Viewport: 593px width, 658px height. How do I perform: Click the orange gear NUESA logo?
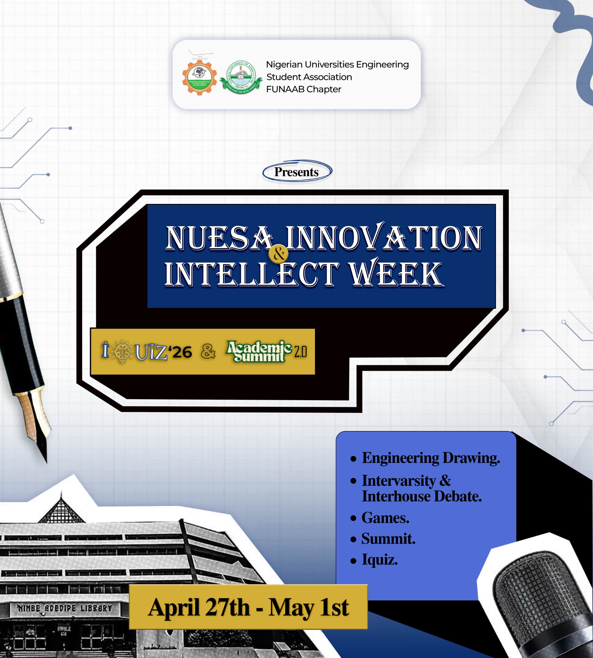pos(199,77)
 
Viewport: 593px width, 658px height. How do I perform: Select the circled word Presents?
pos(296,172)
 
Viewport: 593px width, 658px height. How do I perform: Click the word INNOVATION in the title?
pos(384,239)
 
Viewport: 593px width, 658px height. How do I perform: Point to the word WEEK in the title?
pos(396,274)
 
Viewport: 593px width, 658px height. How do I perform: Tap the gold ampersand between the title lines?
pos(278,254)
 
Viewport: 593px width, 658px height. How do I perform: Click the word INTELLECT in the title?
pos(251,274)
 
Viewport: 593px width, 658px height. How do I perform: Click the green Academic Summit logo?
pos(259,351)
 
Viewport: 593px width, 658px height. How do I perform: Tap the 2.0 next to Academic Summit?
pos(300,352)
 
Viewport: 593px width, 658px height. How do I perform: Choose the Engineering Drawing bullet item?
pos(431,458)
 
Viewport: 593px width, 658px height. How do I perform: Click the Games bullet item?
pos(385,518)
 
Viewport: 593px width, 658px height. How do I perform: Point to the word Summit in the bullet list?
pos(388,539)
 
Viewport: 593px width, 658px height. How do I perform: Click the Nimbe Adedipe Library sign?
pos(65,608)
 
